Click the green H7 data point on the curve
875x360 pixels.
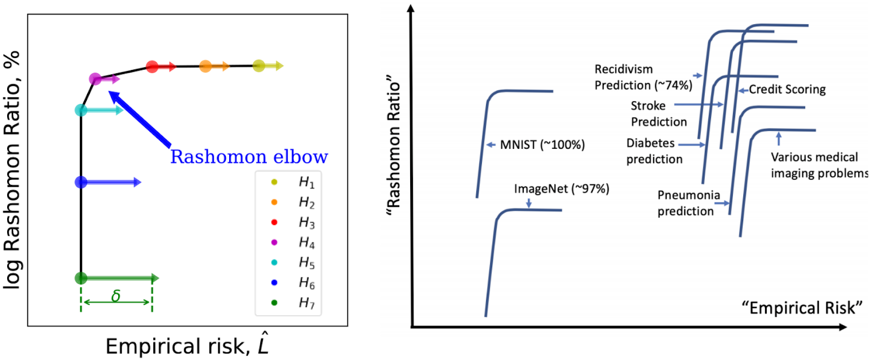81,278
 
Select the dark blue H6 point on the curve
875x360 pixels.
81,182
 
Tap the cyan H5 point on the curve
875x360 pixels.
81,111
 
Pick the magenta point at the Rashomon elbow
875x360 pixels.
95,79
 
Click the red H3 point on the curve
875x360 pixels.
153,67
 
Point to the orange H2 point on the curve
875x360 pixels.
206,67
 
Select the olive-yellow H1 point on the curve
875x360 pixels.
259,66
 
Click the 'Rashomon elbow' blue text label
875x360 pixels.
249,157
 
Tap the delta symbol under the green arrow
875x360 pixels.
116,296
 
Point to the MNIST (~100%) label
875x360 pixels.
542,145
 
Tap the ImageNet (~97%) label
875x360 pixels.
561,189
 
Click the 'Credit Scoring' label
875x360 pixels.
787,89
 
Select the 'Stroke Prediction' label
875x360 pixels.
658,114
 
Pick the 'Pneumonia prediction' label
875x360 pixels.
688,203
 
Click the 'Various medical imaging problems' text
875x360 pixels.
819,165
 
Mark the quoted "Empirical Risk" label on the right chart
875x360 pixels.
802,308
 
